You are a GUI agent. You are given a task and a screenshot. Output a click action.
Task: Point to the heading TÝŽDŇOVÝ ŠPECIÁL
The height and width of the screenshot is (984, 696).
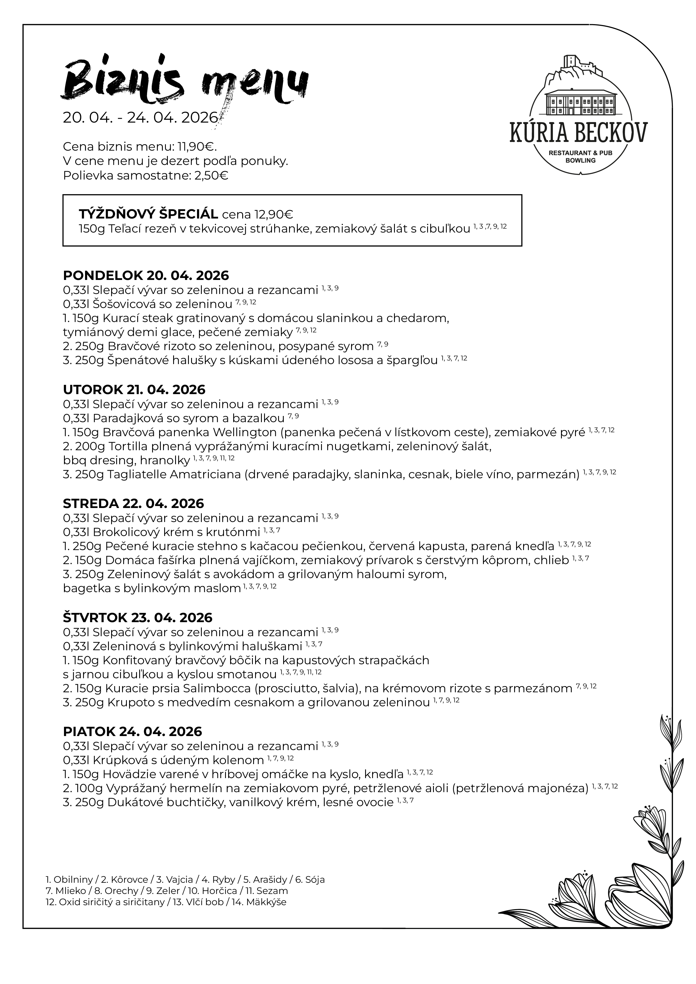148,214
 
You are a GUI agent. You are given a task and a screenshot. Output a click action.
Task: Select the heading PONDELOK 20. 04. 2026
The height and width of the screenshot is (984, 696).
146,275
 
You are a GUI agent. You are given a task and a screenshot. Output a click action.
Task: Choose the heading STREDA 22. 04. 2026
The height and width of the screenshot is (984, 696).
133,503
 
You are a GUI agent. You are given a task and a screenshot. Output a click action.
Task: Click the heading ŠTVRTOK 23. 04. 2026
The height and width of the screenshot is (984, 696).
138,618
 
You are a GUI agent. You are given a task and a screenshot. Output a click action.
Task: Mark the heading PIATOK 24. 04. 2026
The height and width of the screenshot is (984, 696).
132,731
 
